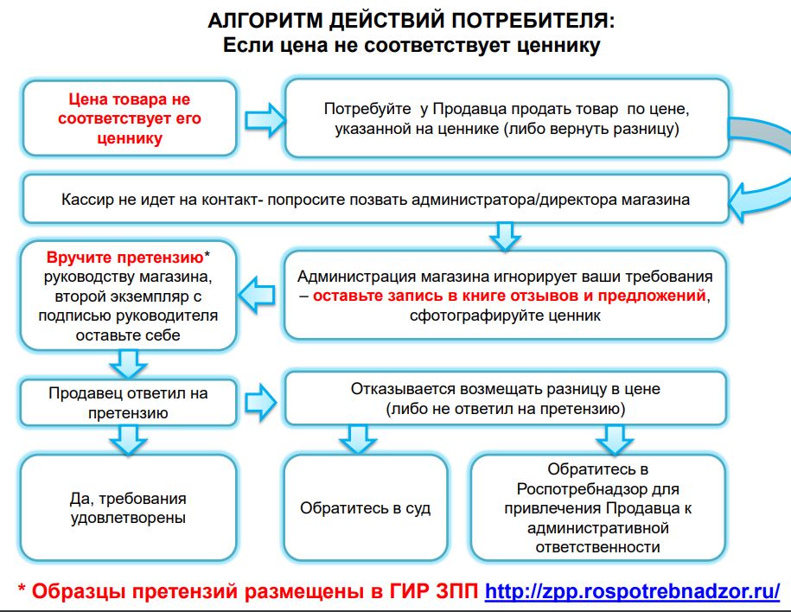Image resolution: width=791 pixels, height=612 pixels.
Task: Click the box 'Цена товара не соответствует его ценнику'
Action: coord(130,118)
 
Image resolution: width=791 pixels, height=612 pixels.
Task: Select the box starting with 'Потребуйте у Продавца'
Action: coord(507,119)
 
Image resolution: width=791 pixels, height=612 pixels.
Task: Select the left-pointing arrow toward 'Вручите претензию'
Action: coord(259,294)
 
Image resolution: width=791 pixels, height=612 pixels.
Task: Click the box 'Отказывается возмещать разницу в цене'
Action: coord(505,398)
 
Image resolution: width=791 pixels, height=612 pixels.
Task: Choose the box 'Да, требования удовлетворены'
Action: coord(128,507)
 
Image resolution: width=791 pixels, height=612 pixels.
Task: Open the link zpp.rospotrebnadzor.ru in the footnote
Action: coord(633,591)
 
